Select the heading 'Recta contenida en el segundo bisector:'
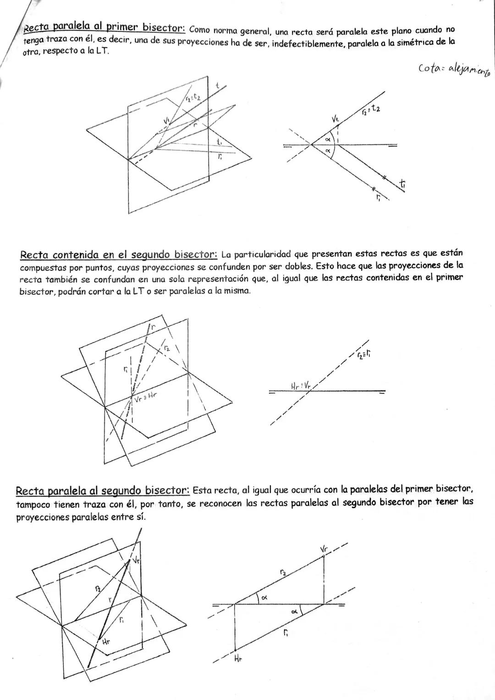point(118,254)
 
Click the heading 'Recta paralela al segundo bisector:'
point(102,491)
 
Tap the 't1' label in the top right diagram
point(402,184)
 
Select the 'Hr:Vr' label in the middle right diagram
point(301,386)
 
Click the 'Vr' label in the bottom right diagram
point(324,549)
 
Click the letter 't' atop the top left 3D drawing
point(218,85)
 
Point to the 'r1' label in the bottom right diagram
point(286,633)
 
